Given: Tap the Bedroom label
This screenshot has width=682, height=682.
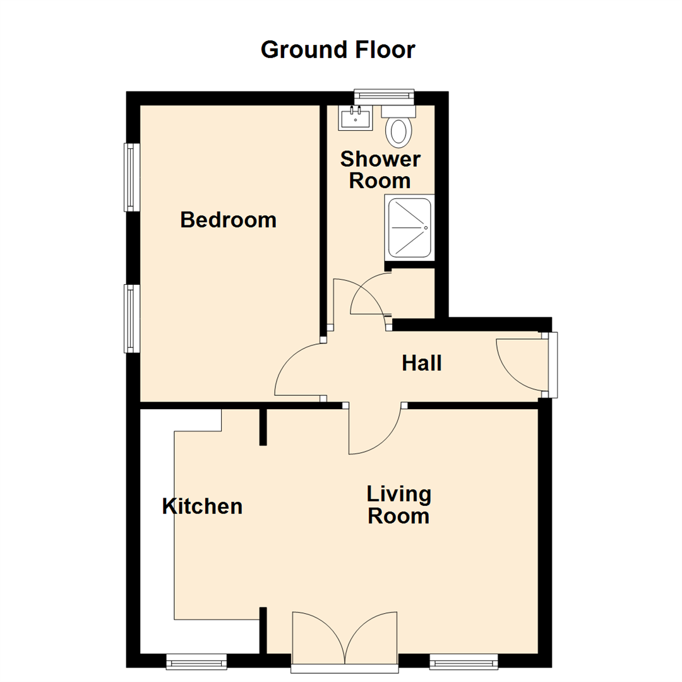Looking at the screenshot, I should pos(228,220).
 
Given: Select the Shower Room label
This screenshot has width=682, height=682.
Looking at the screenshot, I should pos(380,170).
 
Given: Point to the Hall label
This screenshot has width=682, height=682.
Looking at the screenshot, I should pos(421,363).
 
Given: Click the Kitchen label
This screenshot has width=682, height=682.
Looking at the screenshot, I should pos(202,506).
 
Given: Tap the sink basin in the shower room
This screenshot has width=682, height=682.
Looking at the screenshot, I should pos(356,117).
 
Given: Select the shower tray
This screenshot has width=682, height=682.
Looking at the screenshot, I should pos(409,227).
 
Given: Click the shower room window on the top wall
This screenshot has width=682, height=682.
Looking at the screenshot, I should pos(384,95).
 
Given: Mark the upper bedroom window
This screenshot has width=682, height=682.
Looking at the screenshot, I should pos(131,177).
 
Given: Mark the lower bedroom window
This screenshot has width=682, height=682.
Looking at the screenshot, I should pos(131,318).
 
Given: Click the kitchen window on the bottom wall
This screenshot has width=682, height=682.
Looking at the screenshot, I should pos(196,661).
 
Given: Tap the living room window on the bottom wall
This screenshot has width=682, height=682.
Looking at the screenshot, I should pos(463,661).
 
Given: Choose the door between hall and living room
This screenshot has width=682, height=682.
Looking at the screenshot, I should pos(374,429).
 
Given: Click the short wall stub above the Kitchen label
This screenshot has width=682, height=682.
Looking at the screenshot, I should pos(263,427).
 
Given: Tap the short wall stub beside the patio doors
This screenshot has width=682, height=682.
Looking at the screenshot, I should pos(263,630).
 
